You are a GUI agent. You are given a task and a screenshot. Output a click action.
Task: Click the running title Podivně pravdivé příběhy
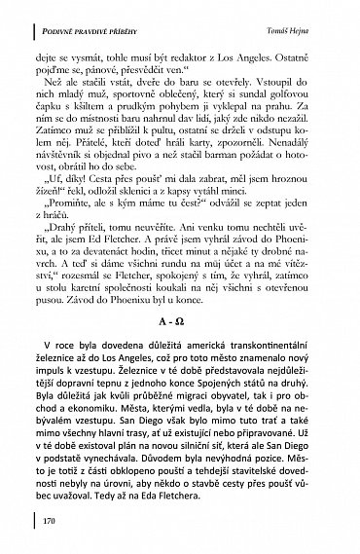pos(93,9)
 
